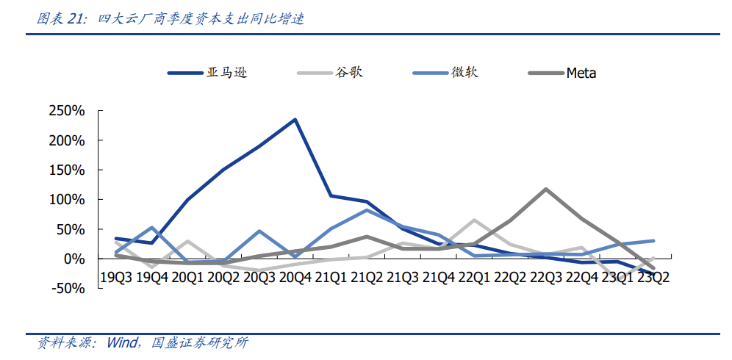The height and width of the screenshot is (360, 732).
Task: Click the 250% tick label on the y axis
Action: click(67, 111)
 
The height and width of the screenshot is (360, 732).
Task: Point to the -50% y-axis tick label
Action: click(68, 289)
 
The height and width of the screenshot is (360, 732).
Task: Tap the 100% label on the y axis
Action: click(67, 200)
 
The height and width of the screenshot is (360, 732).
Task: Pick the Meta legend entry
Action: click(581, 73)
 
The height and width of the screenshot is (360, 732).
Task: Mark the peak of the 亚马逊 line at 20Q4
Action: click(295, 119)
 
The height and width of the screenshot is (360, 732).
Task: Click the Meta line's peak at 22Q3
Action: click(545, 189)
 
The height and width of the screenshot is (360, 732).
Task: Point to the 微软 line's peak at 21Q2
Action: click(367, 210)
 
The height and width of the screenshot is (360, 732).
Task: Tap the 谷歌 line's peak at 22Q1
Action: click(474, 220)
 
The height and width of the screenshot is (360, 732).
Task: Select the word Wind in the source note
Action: click(123, 342)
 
